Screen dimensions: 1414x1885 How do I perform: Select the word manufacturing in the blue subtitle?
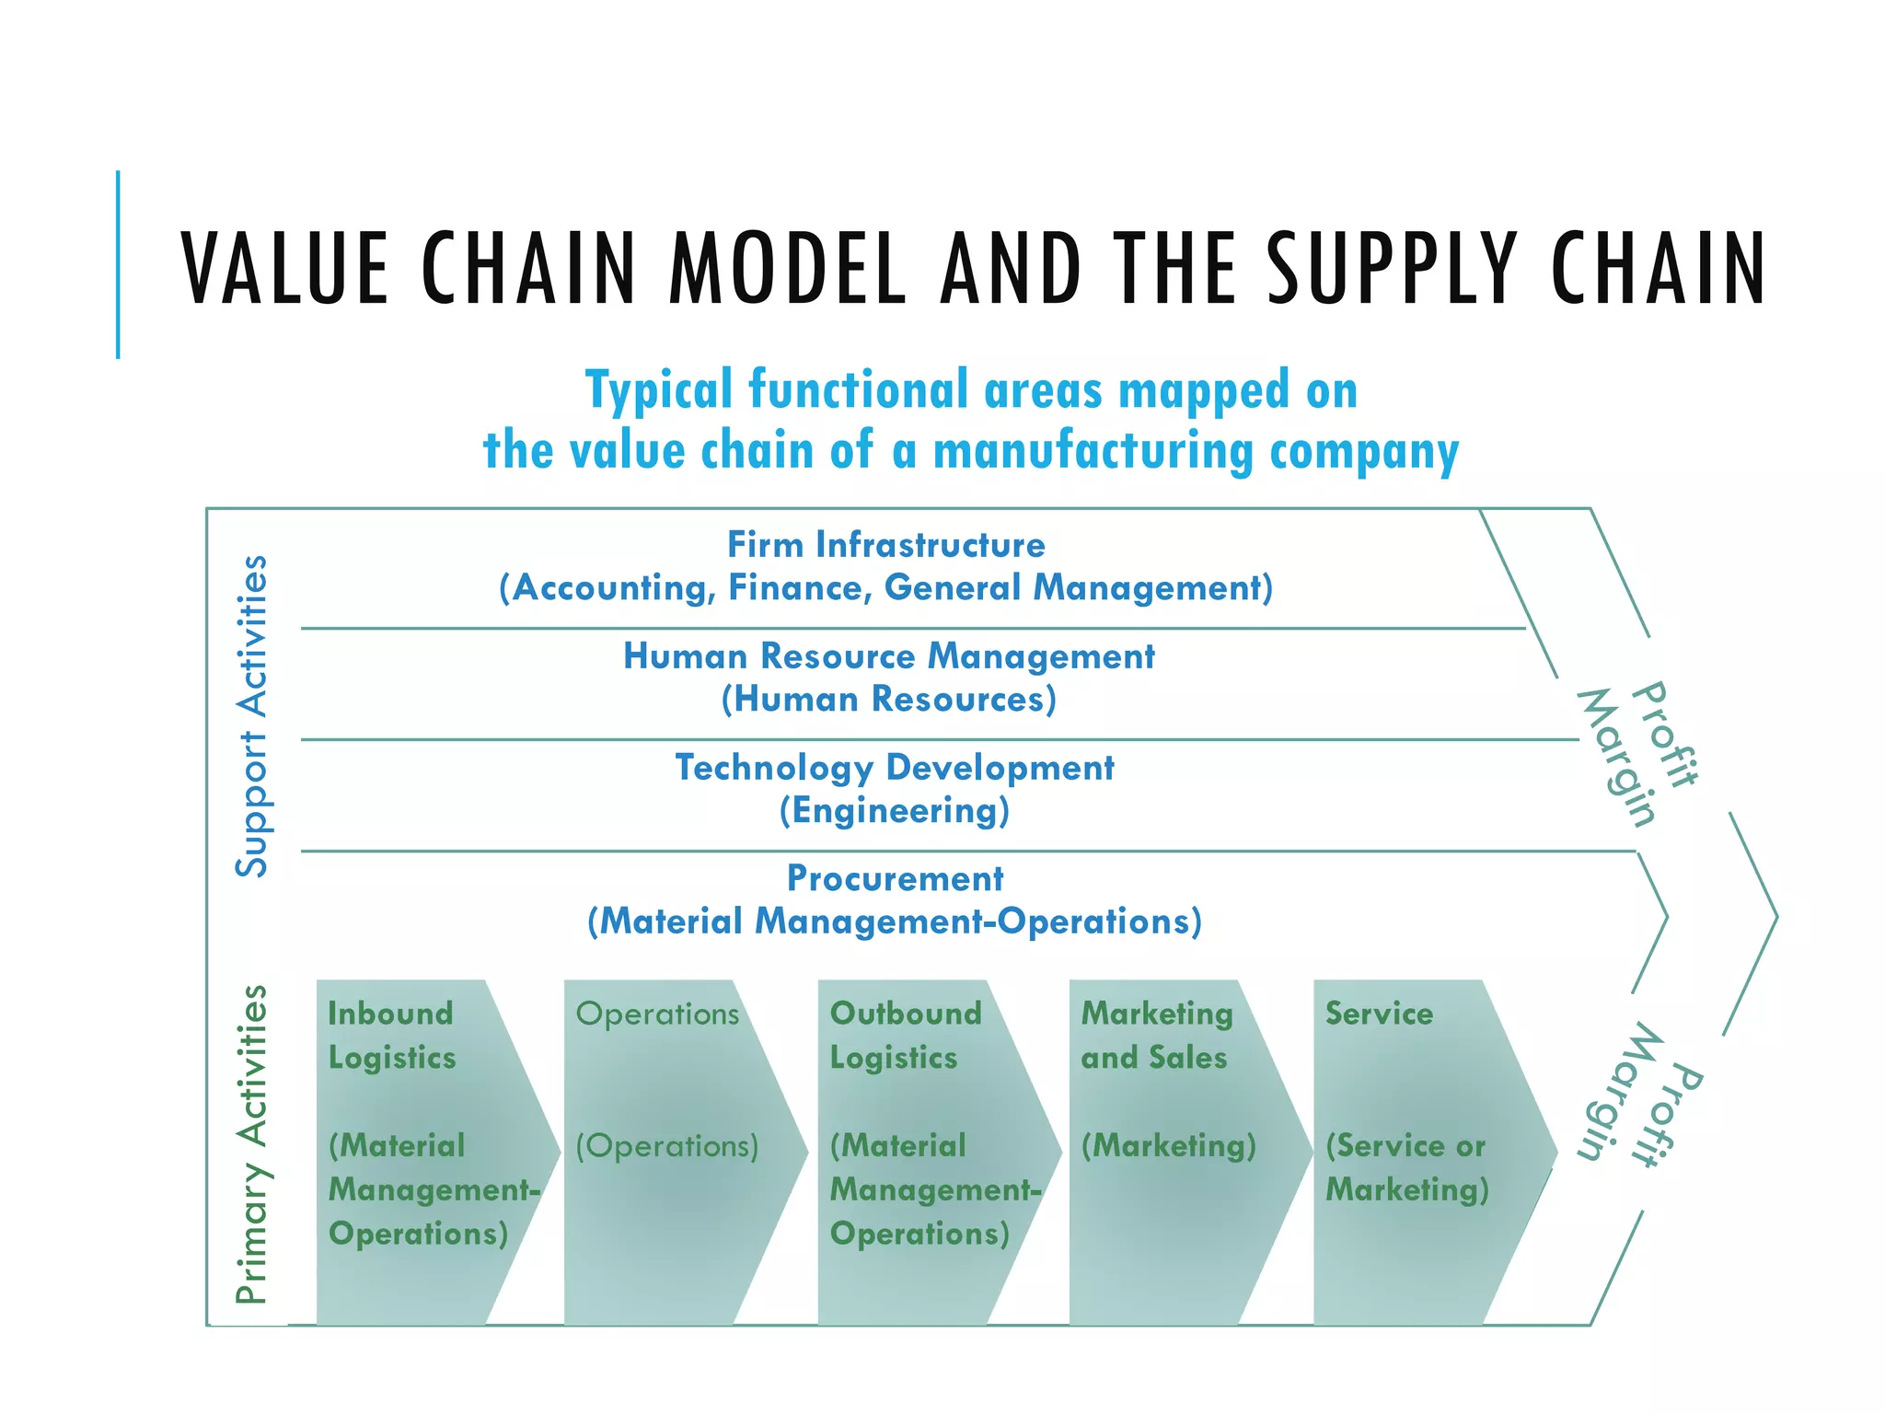[x=1093, y=451]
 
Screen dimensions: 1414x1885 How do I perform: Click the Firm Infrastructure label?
[x=885, y=545]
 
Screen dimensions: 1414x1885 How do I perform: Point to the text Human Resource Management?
[x=888, y=656]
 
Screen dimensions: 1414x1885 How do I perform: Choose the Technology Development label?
[x=894, y=768]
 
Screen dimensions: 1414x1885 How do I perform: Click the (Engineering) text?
[x=894, y=811]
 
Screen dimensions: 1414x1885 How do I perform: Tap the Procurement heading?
[x=894, y=878]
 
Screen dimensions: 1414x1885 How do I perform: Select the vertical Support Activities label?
[x=251, y=715]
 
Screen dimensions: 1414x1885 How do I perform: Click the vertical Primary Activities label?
[x=251, y=1144]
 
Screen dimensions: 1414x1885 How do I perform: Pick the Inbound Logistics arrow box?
[x=423, y=1151]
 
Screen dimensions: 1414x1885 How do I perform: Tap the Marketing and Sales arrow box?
[x=1178, y=1151]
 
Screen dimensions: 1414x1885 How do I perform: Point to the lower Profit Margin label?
[x=1638, y=1095]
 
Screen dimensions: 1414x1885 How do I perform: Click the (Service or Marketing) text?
[x=1406, y=1167]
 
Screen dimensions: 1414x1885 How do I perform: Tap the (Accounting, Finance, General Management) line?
[x=885, y=587]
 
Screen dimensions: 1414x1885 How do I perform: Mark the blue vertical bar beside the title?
[x=118, y=264]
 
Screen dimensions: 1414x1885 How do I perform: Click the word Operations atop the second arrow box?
[x=657, y=1014]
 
